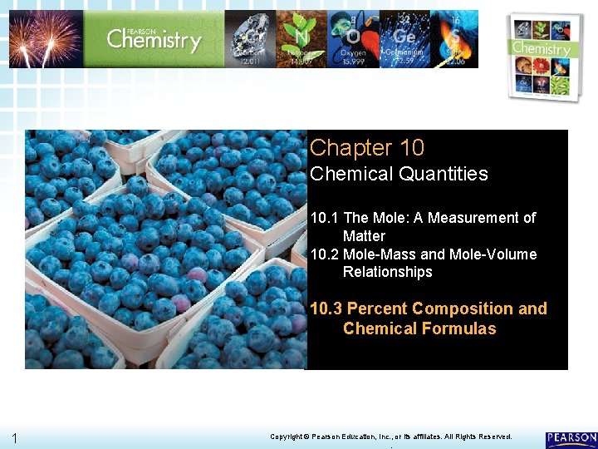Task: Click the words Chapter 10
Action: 366,148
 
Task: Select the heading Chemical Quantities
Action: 399,174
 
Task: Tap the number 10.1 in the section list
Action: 323,218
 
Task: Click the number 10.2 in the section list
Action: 323,254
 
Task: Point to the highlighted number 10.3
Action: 326,309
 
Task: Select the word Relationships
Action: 387,272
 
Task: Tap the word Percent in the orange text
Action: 377,309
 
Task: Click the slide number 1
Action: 16,438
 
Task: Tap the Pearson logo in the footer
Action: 571,438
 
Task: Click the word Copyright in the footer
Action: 290,437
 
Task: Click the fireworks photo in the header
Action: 46,38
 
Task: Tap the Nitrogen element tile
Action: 301,38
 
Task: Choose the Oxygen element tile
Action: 353,38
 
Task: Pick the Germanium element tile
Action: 405,38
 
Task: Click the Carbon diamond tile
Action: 250,38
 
